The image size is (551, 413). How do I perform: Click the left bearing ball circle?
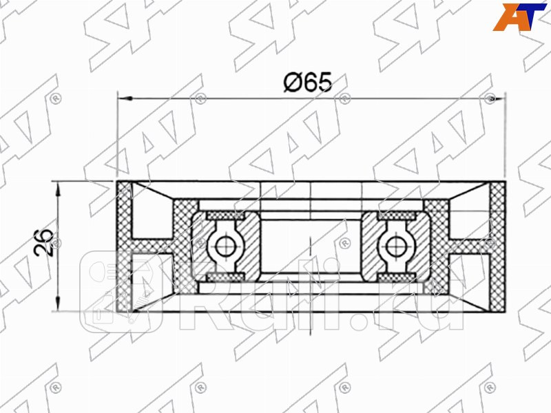(x=224, y=244)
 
